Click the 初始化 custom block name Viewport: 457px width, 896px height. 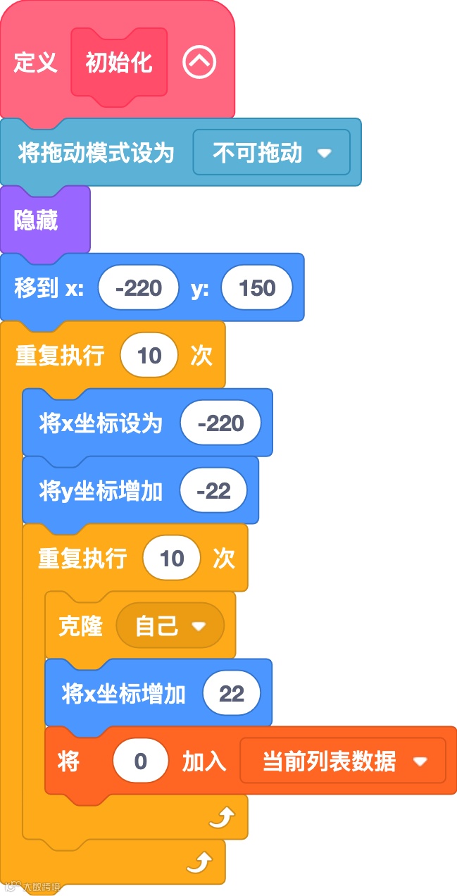pyautogui.click(x=119, y=63)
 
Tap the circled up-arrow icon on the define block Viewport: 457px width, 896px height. pyautogui.click(x=199, y=63)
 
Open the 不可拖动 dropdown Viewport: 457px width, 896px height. pyautogui.click(x=271, y=152)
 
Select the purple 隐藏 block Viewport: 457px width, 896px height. pyautogui.click(x=36, y=221)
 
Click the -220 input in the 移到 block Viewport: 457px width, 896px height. pyautogui.click(x=139, y=288)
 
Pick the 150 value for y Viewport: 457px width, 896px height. pyautogui.click(x=256, y=288)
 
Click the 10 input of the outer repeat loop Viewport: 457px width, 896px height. pyautogui.click(x=149, y=356)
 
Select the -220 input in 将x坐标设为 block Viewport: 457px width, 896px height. pyautogui.click(x=220, y=423)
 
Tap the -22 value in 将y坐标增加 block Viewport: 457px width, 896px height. pyautogui.click(x=213, y=491)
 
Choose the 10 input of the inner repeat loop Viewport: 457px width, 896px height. pyautogui.click(x=172, y=559)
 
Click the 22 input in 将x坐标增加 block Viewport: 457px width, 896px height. pyautogui.click(x=231, y=694)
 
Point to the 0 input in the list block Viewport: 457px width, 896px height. pyautogui.click(x=140, y=761)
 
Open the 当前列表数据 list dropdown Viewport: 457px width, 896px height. pyautogui.click(x=344, y=761)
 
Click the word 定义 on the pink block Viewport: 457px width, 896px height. pyautogui.click(x=35, y=63)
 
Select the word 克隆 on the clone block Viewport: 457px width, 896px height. pyautogui.click(x=80, y=626)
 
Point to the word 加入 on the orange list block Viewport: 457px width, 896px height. pyautogui.click(x=204, y=761)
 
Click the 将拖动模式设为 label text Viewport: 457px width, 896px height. pyautogui.click(x=96, y=152)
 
